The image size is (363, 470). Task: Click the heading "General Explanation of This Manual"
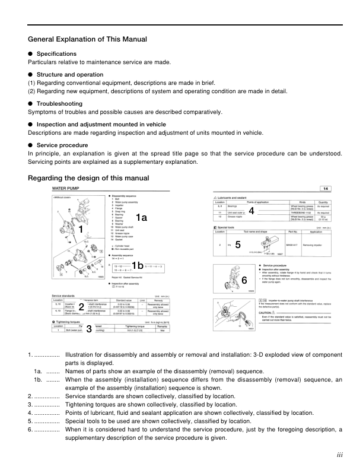pyautogui.click(x=87, y=39)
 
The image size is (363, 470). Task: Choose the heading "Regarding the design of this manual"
pyautogui.click(x=88, y=178)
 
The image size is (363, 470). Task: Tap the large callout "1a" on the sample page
pyautogui.click(x=141, y=218)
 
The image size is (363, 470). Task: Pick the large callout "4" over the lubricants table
pyautogui.click(x=251, y=211)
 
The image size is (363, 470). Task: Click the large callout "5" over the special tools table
pyautogui.click(x=237, y=244)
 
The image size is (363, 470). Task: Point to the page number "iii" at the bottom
pyautogui.click(x=339, y=455)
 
